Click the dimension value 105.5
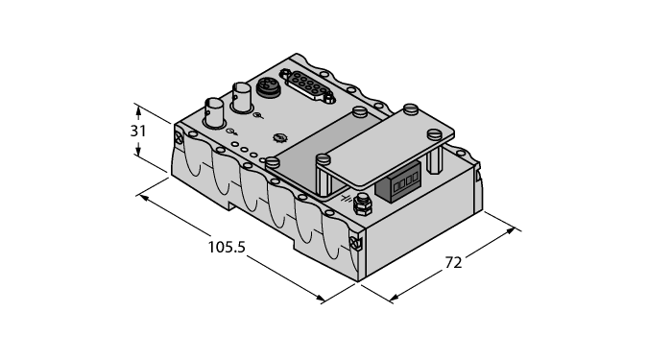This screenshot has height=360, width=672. pos(228,247)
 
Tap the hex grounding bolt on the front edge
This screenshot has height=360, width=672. pos(363,204)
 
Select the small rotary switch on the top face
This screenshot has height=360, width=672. pos(279,138)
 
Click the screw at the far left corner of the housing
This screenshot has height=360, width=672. pos(180,139)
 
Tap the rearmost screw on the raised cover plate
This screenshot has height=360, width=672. pos(412,109)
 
